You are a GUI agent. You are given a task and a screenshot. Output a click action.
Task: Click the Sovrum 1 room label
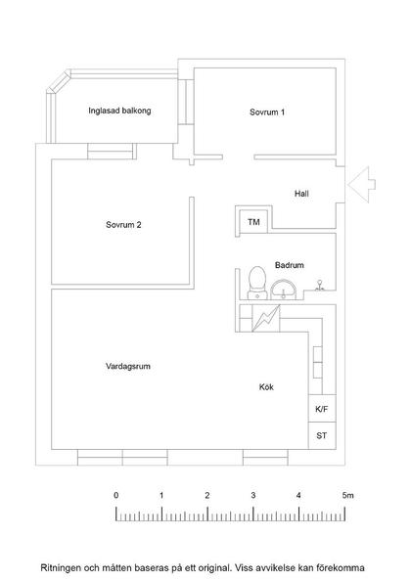(267, 112)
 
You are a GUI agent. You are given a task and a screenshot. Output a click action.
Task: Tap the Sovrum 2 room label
(124, 225)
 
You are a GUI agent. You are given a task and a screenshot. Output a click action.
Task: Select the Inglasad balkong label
(119, 111)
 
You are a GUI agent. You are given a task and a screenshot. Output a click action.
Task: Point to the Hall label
(301, 194)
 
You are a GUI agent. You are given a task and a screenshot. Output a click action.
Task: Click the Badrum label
(289, 265)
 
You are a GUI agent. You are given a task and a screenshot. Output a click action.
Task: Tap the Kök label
(266, 387)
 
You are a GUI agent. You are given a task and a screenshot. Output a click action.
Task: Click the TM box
(253, 223)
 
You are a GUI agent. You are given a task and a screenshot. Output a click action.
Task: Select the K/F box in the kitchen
(322, 410)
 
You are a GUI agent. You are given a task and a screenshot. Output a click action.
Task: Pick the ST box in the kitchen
(322, 435)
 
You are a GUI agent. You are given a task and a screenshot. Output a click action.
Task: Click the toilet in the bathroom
(257, 280)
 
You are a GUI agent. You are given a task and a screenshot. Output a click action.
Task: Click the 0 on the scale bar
(116, 496)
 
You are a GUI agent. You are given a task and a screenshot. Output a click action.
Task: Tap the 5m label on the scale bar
(347, 496)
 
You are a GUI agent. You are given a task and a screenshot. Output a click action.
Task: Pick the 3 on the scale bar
(253, 496)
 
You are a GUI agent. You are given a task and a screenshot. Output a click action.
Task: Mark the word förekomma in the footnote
(337, 566)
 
